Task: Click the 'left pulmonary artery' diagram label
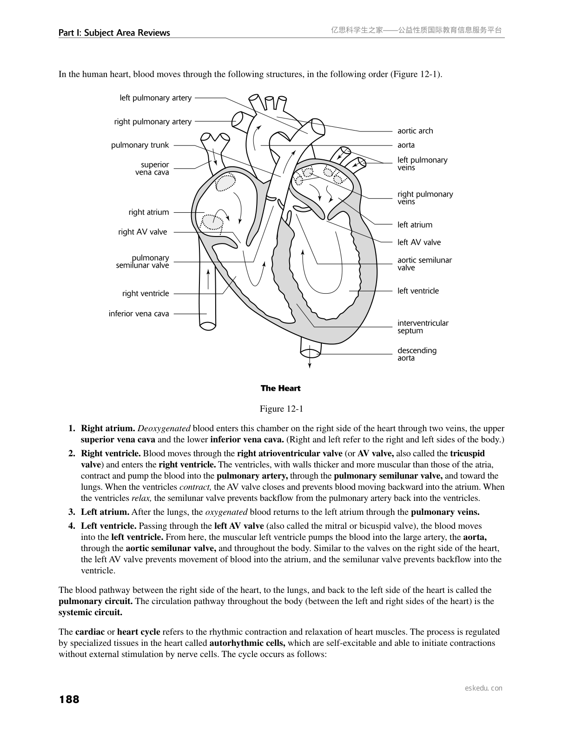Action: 155,98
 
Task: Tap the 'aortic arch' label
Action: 415,131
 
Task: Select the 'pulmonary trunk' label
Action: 140,145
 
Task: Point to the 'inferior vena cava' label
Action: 139,314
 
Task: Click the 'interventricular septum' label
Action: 423,327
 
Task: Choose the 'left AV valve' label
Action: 419,243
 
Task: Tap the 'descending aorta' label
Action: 417,354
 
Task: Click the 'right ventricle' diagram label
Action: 146,294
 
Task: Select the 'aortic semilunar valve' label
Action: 424,264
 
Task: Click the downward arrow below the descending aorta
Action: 310,362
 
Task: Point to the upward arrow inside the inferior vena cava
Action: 208,279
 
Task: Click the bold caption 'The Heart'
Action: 280,388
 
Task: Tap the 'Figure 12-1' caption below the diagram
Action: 281,409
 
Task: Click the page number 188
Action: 69,699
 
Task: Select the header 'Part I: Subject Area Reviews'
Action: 114,33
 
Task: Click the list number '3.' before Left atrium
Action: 72,512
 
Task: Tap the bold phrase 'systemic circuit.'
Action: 90,612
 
